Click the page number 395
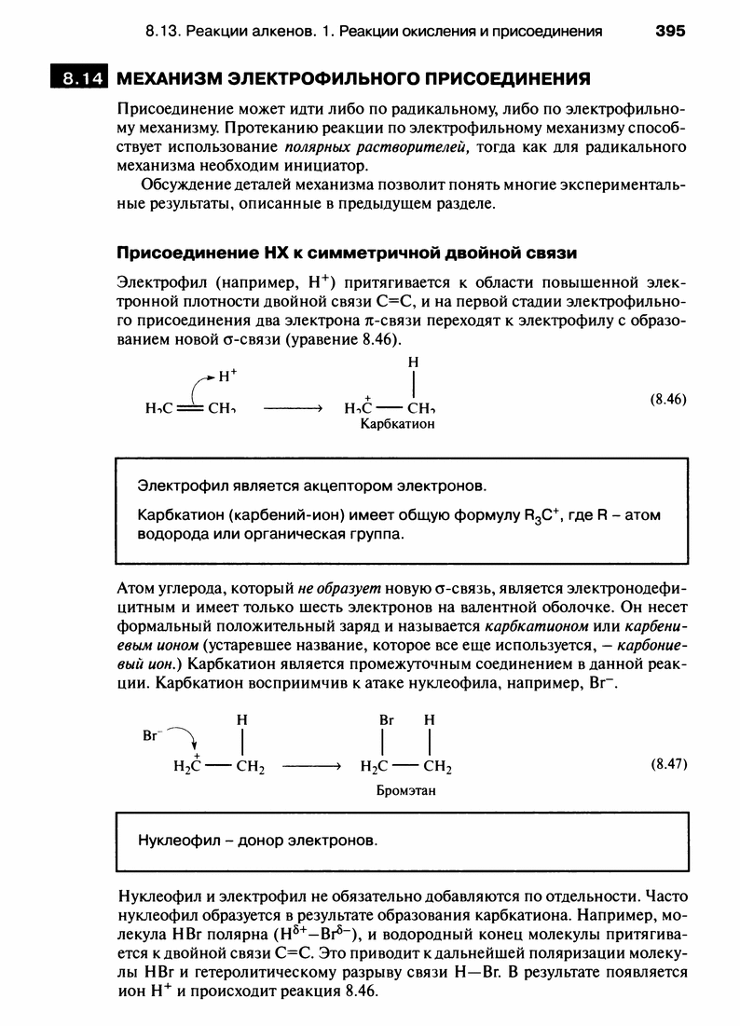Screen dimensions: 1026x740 tap(669, 31)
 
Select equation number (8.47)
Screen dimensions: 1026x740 tap(666, 763)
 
